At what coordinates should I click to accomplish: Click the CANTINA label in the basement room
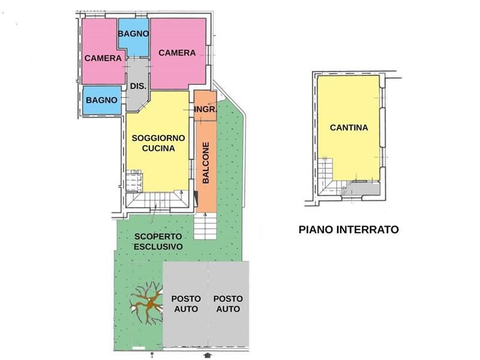[x=349, y=127]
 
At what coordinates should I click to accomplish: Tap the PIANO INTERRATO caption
[x=349, y=229]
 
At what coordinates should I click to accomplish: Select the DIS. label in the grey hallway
[x=138, y=86]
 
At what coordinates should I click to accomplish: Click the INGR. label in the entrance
[x=206, y=109]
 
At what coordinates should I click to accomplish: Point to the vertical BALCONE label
[x=206, y=163]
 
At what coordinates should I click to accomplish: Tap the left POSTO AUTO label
[x=186, y=304]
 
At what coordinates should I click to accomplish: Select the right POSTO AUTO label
[x=228, y=304]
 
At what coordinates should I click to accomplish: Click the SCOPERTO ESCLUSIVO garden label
[x=158, y=242]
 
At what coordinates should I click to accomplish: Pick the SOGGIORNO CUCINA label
[x=158, y=143]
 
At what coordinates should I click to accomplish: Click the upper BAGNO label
[x=133, y=34]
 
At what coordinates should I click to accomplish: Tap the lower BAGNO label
[x=101, y=100]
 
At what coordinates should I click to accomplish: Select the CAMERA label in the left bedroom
[x=103, y=58]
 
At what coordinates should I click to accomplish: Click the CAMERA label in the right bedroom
[x=177, y=53]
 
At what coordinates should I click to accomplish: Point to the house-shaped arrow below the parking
[x=208, y=355]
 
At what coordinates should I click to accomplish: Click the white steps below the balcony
[x=205, y=226]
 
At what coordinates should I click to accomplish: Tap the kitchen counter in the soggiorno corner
[x=134, y=181]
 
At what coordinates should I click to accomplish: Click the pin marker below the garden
[x=152, y=355]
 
